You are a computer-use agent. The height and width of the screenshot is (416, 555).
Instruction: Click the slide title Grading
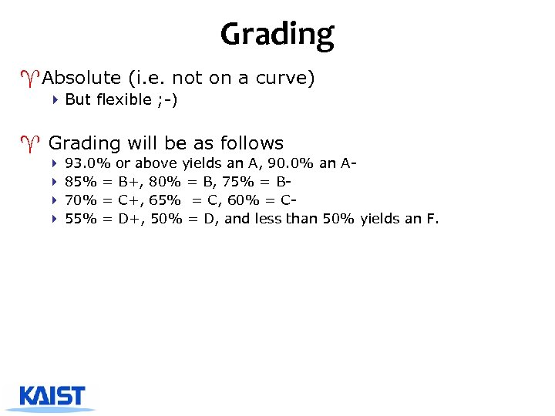[277, 34]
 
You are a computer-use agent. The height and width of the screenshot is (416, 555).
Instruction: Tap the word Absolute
[82, 78]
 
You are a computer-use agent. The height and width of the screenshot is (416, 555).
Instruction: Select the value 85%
[81, 182]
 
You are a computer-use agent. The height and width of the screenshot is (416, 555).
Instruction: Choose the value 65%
[165, 200]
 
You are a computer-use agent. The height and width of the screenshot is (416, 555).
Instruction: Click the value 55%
[81, 219]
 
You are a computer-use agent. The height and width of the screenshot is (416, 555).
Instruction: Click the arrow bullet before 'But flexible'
[55, 99]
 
